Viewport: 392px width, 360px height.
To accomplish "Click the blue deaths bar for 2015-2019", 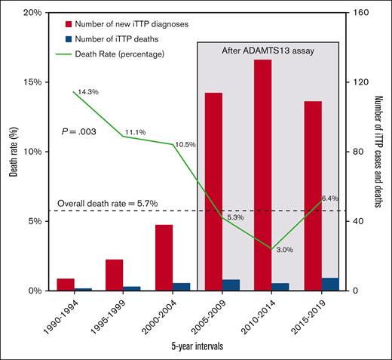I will click(330, 285).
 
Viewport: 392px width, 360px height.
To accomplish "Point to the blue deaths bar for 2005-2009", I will click(231, 285).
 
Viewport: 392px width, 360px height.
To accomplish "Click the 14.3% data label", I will click(88, 91).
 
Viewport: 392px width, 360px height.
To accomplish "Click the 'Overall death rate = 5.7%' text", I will click(101, 203).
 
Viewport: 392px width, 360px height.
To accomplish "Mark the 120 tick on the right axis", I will click(360, 82).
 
